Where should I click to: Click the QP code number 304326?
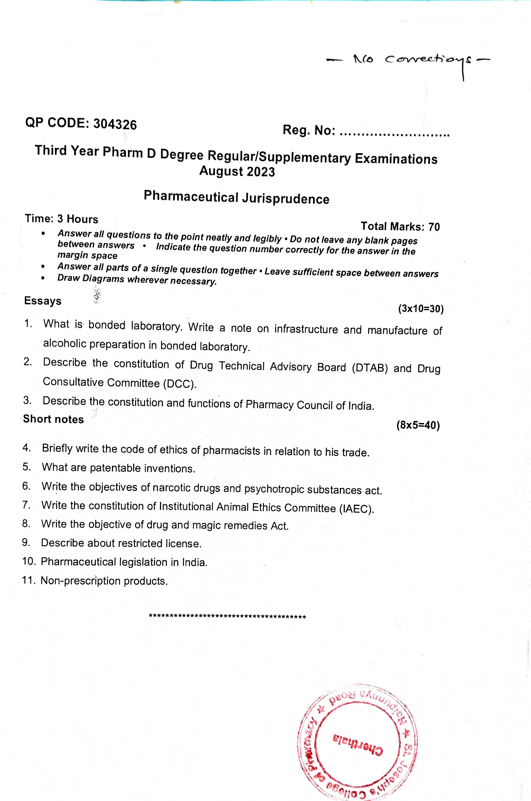point(115,125)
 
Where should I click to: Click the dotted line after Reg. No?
point(394,135)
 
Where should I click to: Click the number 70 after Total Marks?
point(434,227)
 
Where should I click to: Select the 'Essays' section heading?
point(43,301)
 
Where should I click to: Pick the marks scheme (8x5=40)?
point(418,425)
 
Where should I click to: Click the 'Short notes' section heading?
point(53,419)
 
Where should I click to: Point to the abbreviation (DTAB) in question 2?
point(369,368)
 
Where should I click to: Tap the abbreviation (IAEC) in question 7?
point(357,509)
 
